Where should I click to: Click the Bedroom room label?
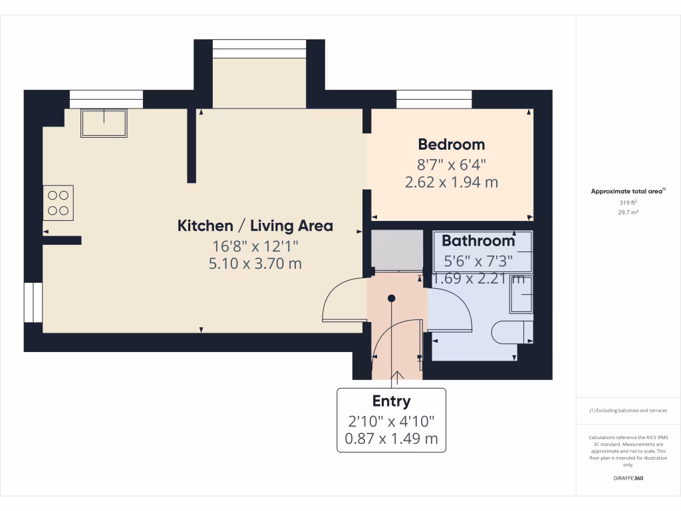451,144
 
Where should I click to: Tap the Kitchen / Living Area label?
255,226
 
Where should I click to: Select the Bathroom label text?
478,241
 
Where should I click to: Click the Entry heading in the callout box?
391,401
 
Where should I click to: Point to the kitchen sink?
104,123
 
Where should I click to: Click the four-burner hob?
58,203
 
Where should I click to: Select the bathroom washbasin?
521,295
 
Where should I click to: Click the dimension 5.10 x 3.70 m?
255,263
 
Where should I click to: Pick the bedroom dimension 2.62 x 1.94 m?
451,182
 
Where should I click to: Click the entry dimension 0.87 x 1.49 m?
391,438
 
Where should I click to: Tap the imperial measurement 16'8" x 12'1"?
255,246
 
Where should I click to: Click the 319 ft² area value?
628,202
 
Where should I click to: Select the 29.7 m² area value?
628,212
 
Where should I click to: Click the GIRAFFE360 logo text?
628,478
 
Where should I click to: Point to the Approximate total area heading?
628,191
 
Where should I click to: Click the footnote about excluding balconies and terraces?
628,411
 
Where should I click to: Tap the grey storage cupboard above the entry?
396,249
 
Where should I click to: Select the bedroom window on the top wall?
434,99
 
